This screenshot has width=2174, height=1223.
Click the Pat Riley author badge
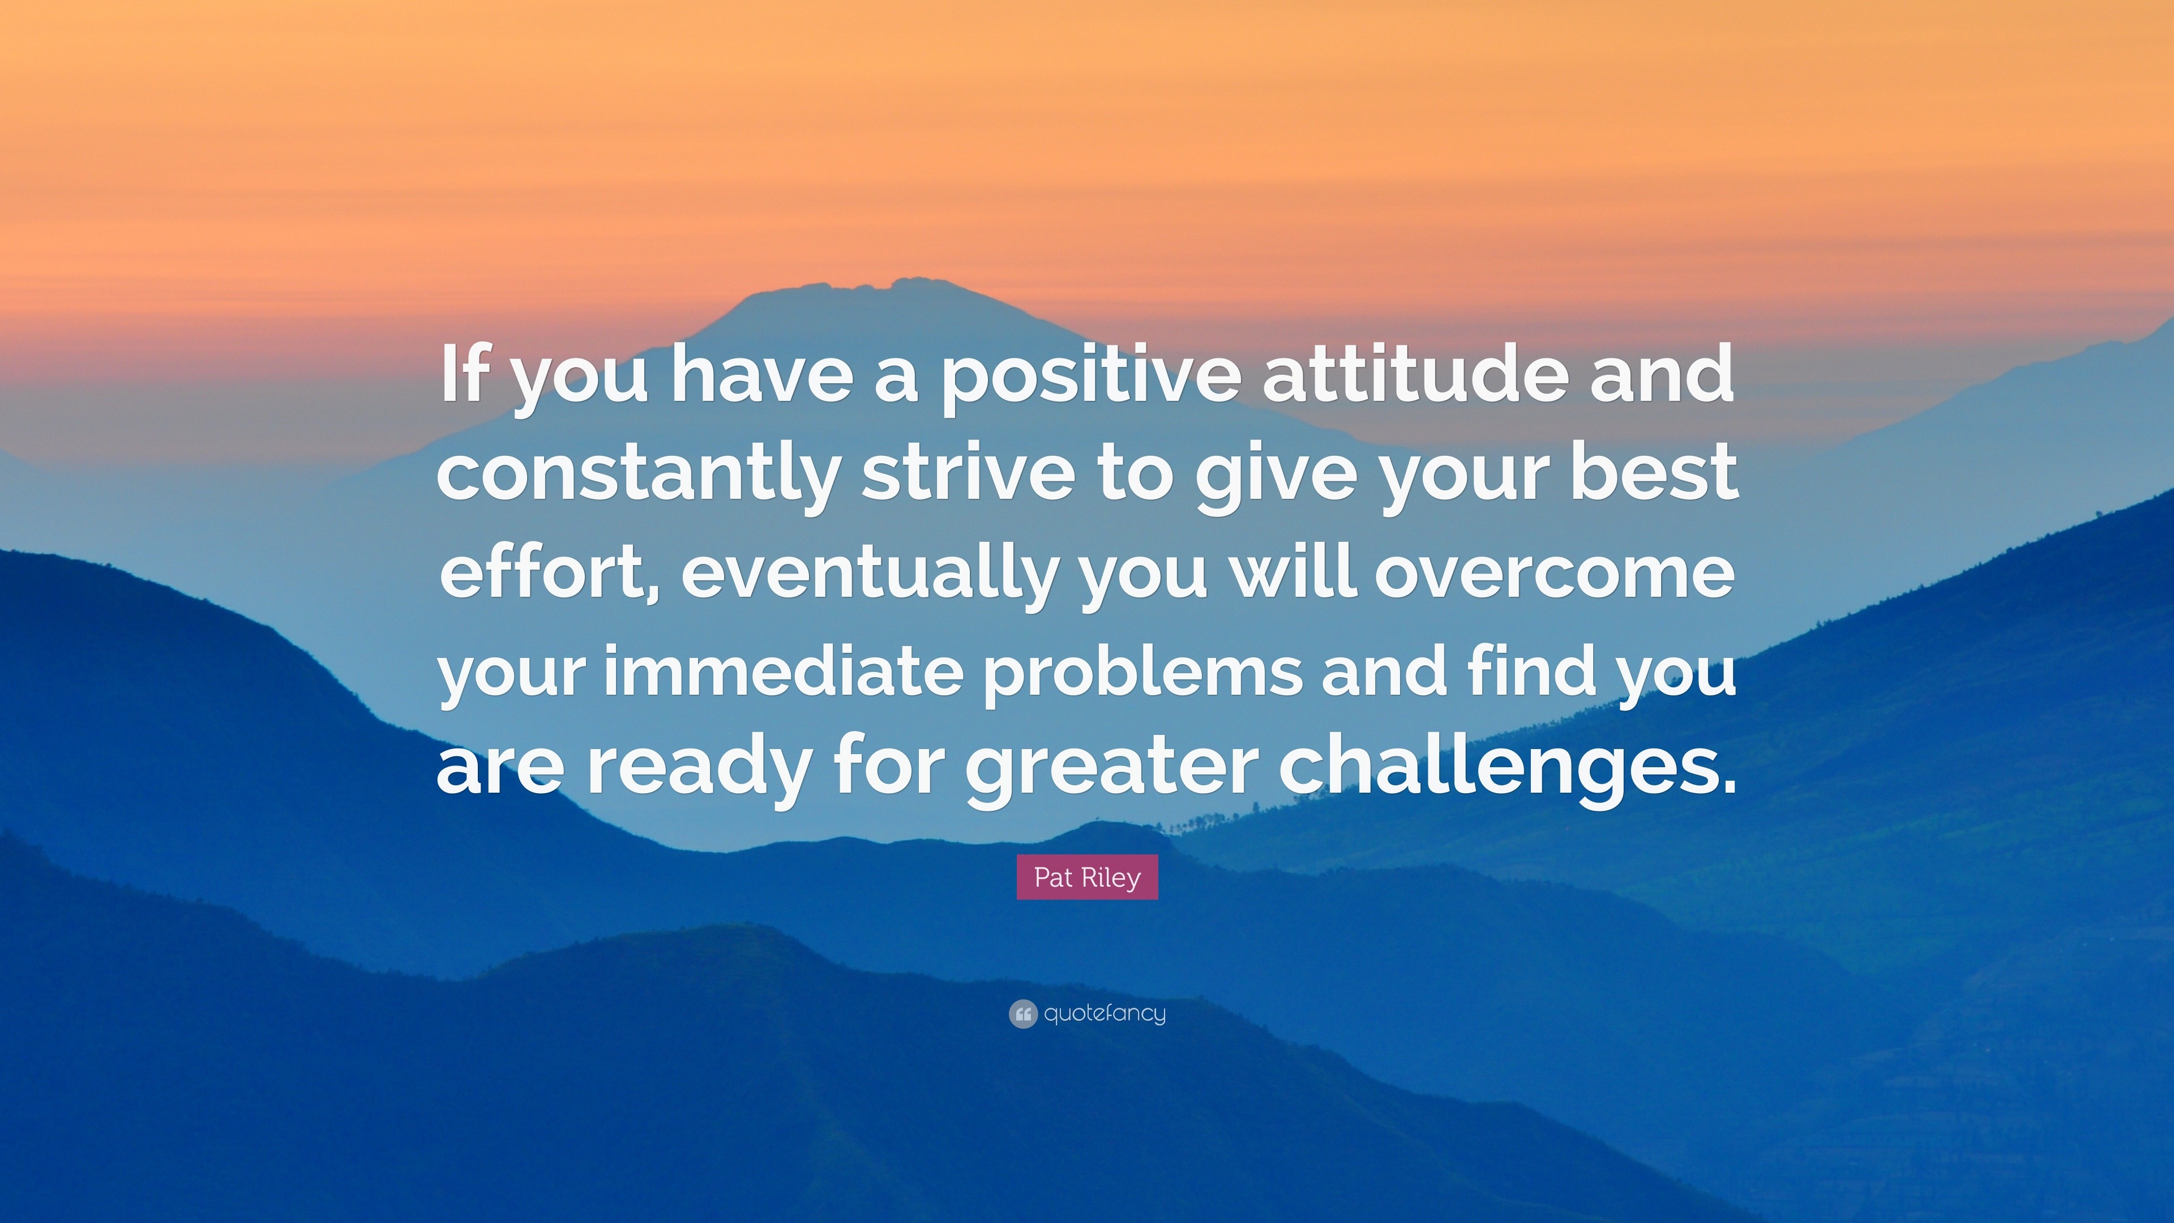click(x=1087, y=878)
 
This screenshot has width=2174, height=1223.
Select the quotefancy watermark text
click(x=1105, y=1014)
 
